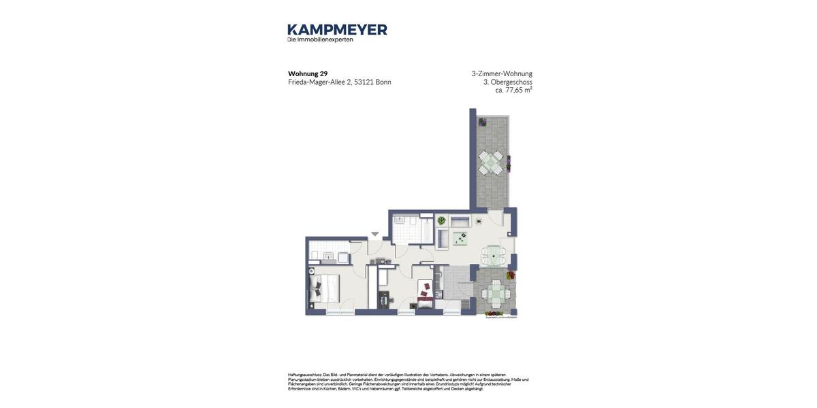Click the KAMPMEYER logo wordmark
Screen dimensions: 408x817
[x=337, y=29]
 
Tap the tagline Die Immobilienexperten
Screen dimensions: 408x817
[x=320, y=39]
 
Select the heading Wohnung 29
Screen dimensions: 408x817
[x=308, y=73]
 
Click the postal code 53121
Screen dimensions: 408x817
[x=364, y=82]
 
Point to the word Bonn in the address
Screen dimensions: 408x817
[x=383, y=82]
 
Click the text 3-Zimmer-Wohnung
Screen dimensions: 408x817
[x=502, y=73]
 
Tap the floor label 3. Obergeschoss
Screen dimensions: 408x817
[x=507, y=82]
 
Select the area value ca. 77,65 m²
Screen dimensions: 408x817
[x=513, y=90]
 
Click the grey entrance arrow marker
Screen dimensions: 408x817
[x=375, y=234]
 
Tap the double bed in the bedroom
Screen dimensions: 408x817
[x=325, y=288]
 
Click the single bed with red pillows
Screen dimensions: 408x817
[x=425, y=294]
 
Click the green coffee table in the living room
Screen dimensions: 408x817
[x=461, y=238]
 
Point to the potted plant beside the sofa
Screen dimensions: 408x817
[x=441, y=221]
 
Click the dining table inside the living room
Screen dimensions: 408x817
[x=493, y=256]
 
